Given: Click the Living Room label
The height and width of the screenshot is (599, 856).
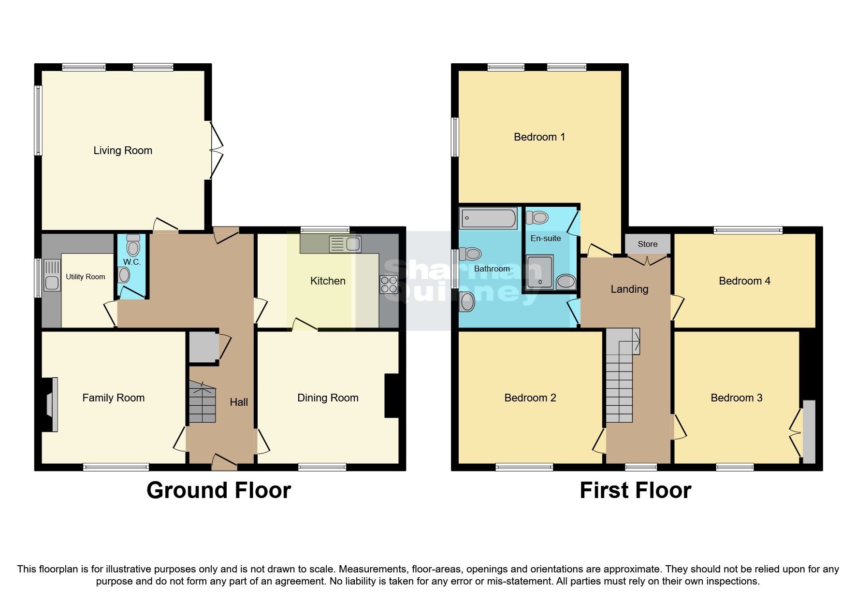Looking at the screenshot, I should coord(123,151).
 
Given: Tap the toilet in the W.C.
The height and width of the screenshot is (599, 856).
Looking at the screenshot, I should coord(133,246).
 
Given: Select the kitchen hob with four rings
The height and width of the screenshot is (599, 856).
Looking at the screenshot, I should coord(389,285).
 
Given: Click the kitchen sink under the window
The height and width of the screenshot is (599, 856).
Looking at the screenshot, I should coord(345,244).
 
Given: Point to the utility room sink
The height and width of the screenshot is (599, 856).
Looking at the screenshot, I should coord(52,275).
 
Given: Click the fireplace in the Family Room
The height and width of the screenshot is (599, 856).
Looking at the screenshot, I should coord(51,404).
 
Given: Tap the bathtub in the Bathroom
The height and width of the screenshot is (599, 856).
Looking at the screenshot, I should coord(488,218).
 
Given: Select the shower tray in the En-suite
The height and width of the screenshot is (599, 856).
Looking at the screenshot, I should coord(539,272).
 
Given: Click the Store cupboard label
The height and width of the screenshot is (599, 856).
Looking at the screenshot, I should coord(647,244).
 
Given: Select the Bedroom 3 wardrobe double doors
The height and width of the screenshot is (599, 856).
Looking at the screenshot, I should coord(796,431).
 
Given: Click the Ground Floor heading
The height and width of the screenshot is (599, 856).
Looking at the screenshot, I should coord(218,490).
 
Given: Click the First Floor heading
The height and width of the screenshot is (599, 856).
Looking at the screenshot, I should coord(635,490).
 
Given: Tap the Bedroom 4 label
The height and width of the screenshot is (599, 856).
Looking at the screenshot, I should coord(744,281).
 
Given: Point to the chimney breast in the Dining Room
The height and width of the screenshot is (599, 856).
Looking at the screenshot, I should coord(392,395).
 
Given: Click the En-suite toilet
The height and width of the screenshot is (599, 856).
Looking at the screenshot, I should coord(537,218).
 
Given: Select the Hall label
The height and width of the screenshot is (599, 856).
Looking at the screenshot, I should coord(239,402).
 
